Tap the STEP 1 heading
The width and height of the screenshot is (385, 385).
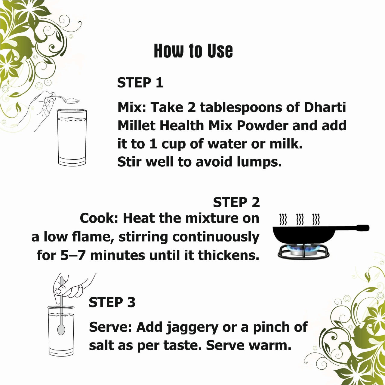[x=140, y=83]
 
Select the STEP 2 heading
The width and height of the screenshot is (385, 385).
[x=236, y=202]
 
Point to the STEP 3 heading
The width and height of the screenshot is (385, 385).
[x=112, y=302]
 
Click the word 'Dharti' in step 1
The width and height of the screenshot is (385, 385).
[x=325, y=107]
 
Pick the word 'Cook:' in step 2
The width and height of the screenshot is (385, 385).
[x=99, y=218]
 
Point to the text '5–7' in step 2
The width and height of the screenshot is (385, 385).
[x=74, y=255]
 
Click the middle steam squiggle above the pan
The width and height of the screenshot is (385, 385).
[x=300, y=220]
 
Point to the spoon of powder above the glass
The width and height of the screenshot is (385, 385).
[x=71, y=100]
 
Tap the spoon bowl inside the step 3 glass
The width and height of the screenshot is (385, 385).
[x=61, y=329]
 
